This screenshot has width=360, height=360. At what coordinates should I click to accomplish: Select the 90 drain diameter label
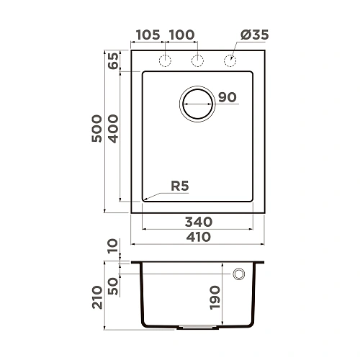(228, 98)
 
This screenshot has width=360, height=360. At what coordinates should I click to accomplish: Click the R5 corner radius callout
(180, 186)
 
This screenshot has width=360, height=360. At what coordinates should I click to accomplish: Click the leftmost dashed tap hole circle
(164, 60)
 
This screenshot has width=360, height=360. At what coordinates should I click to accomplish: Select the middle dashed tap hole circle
(197, 60)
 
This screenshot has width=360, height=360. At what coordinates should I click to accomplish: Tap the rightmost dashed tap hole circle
(230, 60)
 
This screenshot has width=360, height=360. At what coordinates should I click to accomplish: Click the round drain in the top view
(197, 103)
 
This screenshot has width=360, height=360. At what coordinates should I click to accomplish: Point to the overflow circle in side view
(239, 274)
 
